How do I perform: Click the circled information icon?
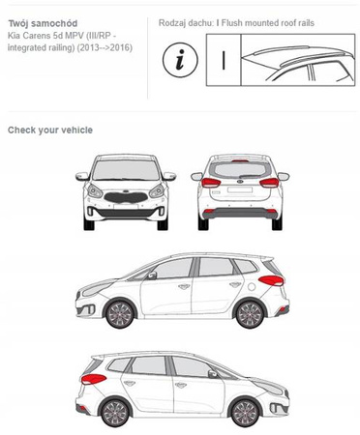[180, 60]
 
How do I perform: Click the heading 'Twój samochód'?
[43, 23]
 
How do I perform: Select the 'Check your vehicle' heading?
[50, 130]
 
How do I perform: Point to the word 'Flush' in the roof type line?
[232, 23]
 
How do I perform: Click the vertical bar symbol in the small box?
[224, 60]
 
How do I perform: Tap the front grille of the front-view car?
[126, 197]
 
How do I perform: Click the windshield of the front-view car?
[126, 170]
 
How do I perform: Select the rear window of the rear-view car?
[240, 169]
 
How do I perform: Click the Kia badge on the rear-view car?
[240, 182]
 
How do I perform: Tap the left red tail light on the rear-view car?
[211, 183]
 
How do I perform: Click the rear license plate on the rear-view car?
[240, 190]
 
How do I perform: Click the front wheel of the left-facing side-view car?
[119, 314]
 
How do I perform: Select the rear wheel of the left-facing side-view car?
[250, 314]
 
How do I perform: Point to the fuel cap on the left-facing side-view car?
[252, 286]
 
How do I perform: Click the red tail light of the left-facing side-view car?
[272, 280]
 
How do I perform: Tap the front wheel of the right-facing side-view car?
[245, 414]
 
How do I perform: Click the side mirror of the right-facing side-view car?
[213, 374]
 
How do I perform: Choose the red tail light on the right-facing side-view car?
[94, 379]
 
